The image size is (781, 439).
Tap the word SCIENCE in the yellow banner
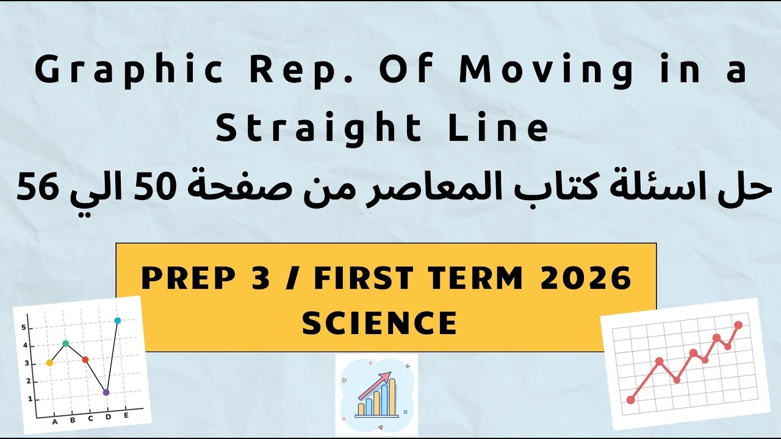pos(380,323)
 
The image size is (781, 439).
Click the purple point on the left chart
pos(106,393)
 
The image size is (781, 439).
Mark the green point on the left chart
pos(66,343)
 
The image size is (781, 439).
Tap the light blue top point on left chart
pos(118,320)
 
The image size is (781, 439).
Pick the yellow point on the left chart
pos(49,363)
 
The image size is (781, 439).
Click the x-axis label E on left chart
pos(126,415)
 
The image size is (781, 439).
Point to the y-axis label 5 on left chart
pos(24,327)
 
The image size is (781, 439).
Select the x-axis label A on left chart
pos(55,421)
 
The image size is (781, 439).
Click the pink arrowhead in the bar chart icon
pos(385,377)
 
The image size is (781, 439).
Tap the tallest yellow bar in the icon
pos(392,396)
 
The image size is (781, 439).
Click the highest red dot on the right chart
pos(739,325)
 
